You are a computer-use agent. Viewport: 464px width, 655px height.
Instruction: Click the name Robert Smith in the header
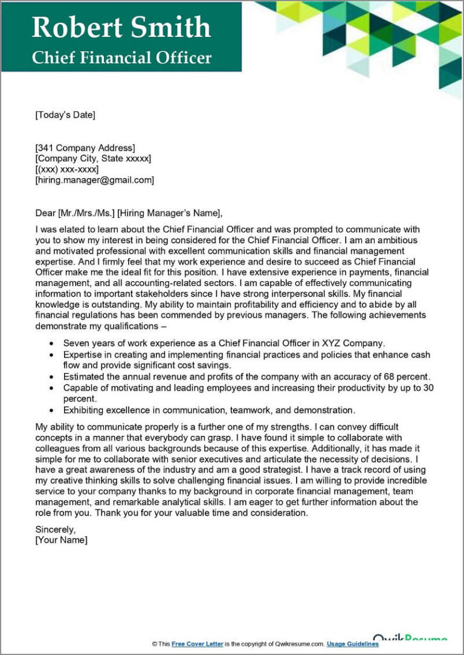[121, 27]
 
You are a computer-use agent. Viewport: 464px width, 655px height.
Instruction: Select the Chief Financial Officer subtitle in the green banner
[121, 57]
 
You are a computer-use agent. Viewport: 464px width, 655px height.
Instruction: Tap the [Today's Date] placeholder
[65, 115]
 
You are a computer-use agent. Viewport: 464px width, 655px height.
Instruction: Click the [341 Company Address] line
[85, 148]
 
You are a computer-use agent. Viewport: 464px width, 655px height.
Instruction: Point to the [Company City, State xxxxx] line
[93, 159]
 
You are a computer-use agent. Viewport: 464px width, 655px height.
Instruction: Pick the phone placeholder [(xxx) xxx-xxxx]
[67, 170]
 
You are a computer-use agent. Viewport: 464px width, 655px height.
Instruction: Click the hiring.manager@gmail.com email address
[95, 180]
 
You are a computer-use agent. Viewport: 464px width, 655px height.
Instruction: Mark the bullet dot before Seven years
[50, 343]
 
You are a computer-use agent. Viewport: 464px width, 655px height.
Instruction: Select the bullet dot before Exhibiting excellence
[50, 411]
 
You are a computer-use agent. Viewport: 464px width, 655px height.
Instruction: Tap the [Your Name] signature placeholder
[62, 540]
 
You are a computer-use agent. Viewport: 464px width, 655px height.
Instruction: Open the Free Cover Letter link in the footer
[198, 644]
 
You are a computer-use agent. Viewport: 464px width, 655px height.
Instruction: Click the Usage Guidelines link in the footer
[353, 644]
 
